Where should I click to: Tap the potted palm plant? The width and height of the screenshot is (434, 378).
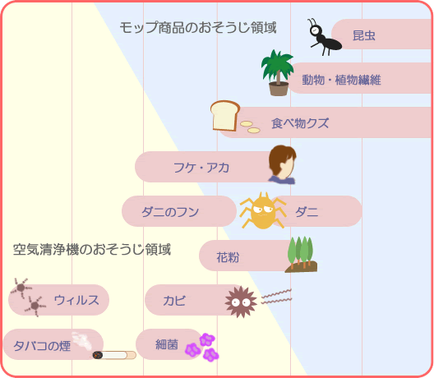[277, 73]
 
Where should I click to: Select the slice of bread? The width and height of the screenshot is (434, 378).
[224, 115]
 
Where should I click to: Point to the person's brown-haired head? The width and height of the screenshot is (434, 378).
[282, 162]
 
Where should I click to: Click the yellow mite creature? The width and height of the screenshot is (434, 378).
[263, 211]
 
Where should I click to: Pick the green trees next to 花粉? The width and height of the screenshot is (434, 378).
[301, 255]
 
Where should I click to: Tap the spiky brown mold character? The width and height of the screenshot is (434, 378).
[241, 302]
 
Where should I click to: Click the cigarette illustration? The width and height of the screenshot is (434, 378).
[114, 355]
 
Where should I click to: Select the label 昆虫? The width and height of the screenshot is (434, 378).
[364, 35]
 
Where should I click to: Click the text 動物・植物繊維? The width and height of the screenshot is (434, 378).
[341, 80]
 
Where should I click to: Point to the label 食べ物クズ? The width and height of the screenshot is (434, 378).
[300, 123]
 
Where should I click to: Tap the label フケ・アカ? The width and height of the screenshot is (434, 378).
[201, 168]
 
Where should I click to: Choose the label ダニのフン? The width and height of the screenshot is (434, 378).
[170, 212]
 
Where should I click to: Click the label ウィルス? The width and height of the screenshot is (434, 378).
[76, 300]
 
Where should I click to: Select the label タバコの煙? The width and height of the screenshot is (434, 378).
[42, 346]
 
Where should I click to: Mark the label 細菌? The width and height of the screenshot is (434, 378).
[166, 344]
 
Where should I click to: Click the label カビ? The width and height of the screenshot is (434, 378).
[174, 301]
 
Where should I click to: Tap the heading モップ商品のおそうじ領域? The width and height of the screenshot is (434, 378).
[198, 28]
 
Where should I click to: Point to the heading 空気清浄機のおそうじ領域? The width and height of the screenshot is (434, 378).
[92, 249]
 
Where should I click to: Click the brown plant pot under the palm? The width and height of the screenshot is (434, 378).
[279, 89]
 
